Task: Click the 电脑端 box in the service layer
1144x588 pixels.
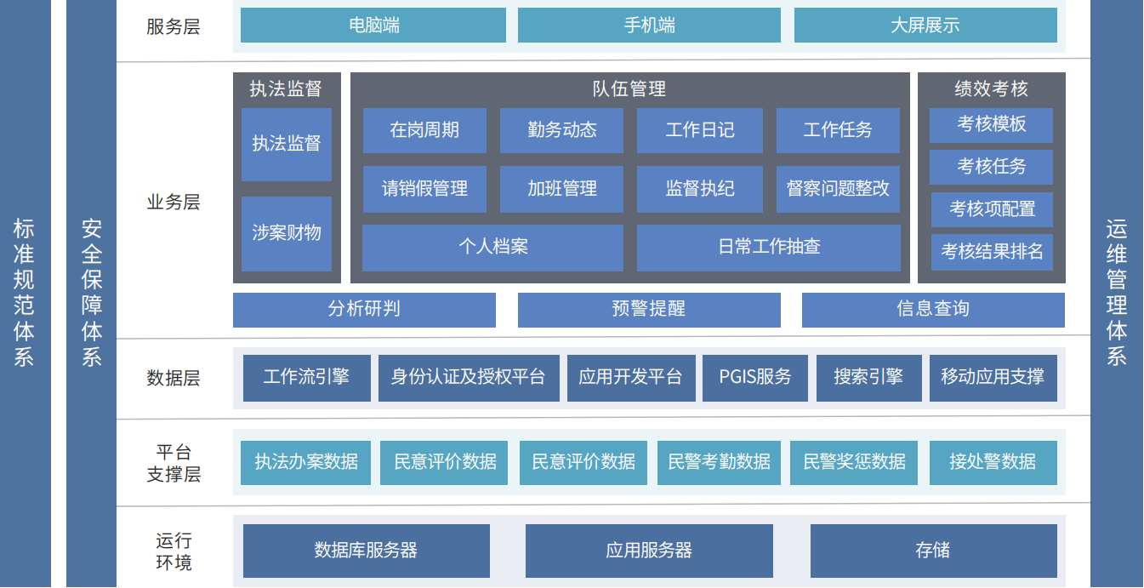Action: coord(373,26)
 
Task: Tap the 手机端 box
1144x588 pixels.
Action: coord(649,26)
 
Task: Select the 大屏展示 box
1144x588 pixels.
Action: coord(925,26)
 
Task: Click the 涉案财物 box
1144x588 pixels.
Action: coord(287,233)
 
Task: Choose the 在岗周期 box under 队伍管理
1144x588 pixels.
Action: coord(424,130)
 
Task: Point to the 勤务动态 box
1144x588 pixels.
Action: coord(561,130)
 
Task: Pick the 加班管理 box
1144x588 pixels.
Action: coord(561,189)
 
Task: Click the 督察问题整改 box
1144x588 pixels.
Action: coord(838,189)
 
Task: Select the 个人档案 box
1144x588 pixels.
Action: coord(492,248)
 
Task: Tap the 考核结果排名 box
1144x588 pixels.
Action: coord(992,252)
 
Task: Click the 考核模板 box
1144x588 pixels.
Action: coord(991,125)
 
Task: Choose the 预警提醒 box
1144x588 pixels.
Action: coord(649,310)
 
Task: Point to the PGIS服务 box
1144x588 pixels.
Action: coord(754,378)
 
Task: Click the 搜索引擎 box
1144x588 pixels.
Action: coord(868,378)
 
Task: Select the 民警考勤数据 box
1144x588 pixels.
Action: coord(719,462)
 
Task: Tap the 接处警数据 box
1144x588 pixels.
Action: coord(993,462)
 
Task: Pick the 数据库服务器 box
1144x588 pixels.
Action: coord(366,551)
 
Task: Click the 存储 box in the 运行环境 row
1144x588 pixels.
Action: coord(933,551)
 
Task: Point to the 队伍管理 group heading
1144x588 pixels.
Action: coord(629,89)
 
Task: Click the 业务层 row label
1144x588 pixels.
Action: coord(174,203)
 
